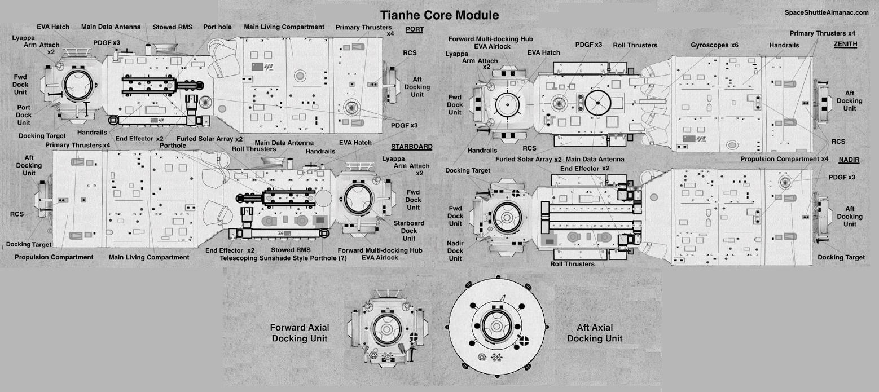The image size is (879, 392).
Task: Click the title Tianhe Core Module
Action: (x=439, y=15)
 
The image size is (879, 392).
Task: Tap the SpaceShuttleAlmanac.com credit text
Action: (x=827, y=12)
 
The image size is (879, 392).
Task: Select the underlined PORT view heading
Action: (x=414, y=29)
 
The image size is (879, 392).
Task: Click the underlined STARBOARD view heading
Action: (x=412, y=147)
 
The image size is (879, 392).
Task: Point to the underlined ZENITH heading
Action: (x=845, y=44)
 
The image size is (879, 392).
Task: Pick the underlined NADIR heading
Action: (x=849, y=160)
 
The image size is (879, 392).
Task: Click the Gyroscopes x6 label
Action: (x=715, y=45)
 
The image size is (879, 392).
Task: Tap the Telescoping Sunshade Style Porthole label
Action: (x=283, y=258)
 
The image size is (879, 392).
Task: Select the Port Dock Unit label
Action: (x=24, y=115)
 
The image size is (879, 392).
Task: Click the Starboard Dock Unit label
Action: (x=409, y=231)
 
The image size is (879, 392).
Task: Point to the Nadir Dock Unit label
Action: (x=455, y=251)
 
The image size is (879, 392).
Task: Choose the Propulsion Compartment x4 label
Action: (x=784, y=159)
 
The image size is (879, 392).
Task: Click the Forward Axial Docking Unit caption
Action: (x=300, y=333)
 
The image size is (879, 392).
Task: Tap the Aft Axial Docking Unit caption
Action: (x=595, y=333)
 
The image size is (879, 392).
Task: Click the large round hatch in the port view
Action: (x=78, y=85)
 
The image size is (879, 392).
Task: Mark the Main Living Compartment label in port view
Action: (x=284, y=27)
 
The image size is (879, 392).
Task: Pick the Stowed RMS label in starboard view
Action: (x=291, y=250)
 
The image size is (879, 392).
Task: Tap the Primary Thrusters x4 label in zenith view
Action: (x=823, y=33)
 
